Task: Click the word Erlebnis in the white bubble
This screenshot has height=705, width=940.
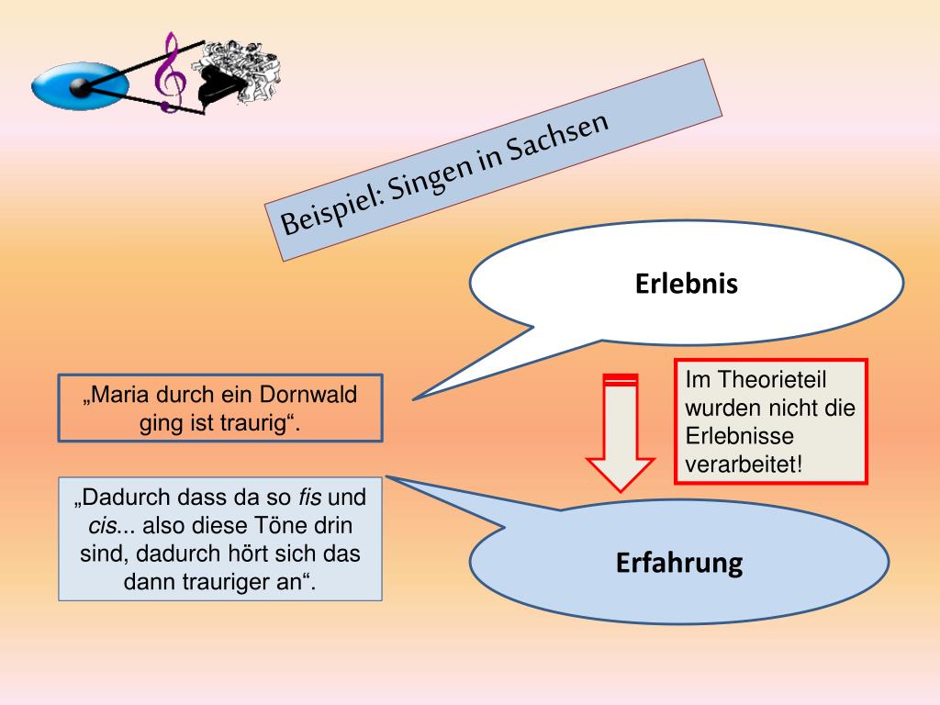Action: click(686, 285)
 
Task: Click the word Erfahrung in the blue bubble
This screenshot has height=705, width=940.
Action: click(678, 562)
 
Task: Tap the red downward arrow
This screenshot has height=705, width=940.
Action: click(621, 431)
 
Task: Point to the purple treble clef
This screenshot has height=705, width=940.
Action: click(169, 73)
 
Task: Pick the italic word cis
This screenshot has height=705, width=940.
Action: click(104, 527)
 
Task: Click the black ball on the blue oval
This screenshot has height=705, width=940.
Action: click(81, 88)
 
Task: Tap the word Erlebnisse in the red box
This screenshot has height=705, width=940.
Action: click(740, 436)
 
